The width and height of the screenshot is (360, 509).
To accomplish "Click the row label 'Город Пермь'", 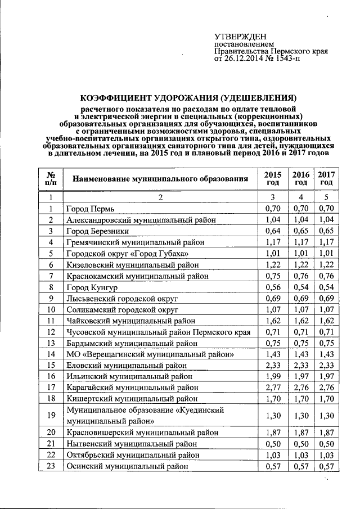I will coord(90,209).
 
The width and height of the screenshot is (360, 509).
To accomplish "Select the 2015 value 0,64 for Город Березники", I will coord(272,231).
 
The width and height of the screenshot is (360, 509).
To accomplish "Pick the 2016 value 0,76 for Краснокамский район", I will coord(301,276).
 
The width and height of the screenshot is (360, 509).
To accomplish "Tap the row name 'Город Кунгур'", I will coord(91,287).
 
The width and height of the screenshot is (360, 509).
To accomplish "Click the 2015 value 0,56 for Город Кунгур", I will coord(272,287).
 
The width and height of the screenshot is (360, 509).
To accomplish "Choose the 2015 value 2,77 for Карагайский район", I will coord(272,388).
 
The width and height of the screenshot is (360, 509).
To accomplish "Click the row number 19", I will coord(51,415).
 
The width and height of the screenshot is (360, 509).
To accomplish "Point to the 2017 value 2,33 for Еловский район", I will coord(326,365).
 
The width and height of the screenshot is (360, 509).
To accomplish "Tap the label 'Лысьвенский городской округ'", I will coord(121,298).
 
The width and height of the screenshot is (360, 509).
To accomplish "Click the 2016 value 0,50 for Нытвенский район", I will coord(301,443).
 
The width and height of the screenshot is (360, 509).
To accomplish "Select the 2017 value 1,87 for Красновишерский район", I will coord(326,432).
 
